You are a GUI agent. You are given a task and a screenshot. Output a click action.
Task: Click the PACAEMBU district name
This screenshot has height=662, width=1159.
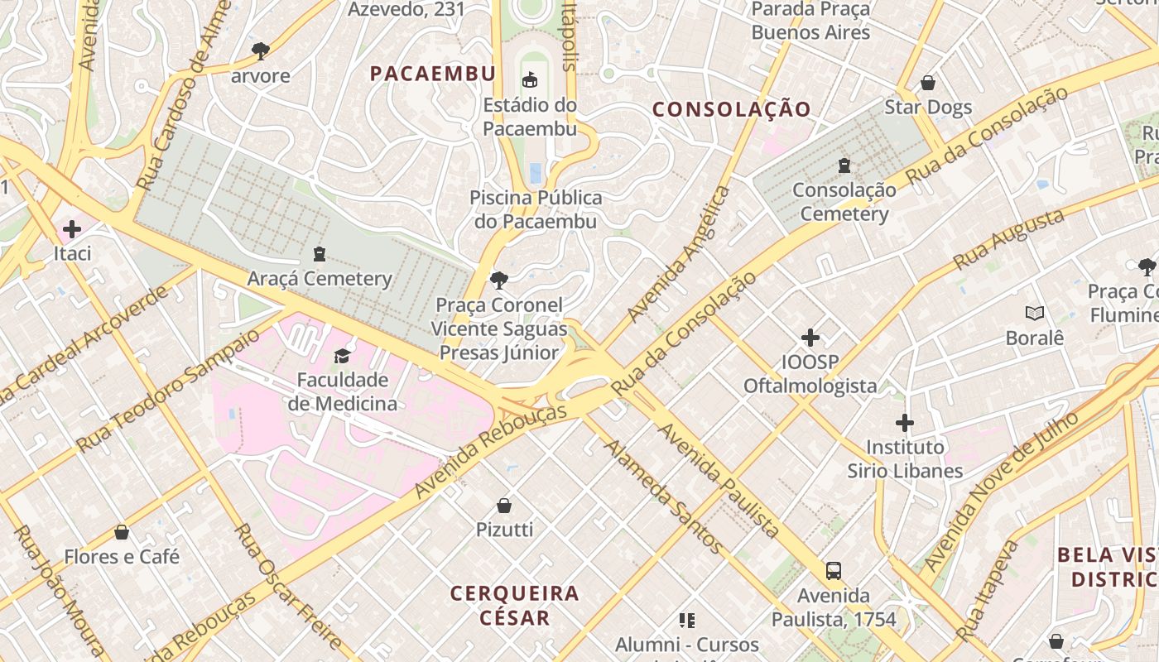[432, 74]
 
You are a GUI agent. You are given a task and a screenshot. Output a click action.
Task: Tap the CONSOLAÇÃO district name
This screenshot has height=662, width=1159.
[731, 109]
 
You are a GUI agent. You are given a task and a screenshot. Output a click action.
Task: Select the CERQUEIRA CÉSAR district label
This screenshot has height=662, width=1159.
[514, 605]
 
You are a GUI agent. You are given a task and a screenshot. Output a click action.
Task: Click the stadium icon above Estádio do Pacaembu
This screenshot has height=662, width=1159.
[530, 79]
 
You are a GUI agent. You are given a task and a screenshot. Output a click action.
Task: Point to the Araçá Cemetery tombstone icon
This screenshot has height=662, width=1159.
[320, 253]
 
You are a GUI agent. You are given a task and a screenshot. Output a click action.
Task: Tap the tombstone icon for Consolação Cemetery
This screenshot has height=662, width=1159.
[844, 165]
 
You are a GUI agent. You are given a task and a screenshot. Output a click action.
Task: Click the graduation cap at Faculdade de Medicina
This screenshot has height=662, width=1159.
[342, 356]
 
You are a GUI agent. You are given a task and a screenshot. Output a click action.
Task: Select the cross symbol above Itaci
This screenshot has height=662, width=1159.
[72, 228]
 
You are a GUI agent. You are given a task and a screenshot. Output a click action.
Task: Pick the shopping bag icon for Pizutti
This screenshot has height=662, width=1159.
[504, 505]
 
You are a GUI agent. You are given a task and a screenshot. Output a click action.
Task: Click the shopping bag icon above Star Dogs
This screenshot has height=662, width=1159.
[928, 83]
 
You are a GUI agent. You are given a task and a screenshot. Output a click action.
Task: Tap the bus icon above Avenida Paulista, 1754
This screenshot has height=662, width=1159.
[834, 570]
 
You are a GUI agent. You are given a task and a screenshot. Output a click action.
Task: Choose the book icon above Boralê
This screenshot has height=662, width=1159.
[1034, 313]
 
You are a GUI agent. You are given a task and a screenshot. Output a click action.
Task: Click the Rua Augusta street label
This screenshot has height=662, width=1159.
[1008, 239]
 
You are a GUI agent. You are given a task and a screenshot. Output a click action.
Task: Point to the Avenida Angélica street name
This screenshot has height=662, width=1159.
[679, 254]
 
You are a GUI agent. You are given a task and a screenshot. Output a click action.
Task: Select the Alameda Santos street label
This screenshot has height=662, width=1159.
[662, 496]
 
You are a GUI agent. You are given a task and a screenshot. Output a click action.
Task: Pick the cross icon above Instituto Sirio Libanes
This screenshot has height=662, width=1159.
[905, 423]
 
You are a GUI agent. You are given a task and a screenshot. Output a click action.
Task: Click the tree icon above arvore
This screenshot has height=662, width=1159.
[261, 51]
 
